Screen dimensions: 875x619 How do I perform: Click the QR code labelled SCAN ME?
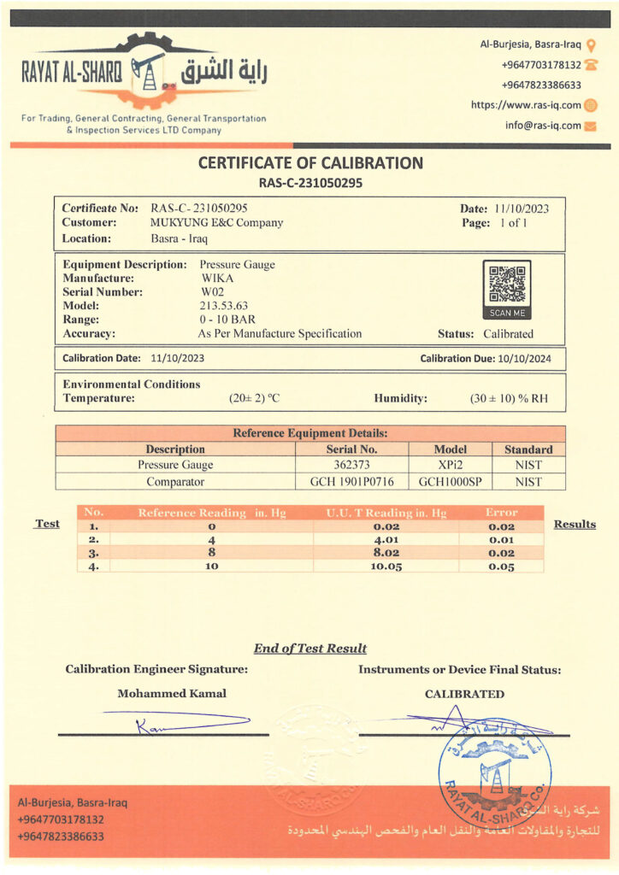point(507,285)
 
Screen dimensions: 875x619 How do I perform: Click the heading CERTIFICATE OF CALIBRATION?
point(310,163)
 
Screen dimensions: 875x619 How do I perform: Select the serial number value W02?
point(212,291)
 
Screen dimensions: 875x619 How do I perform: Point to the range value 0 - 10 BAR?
point(227,319)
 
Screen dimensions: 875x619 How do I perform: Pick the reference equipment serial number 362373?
point(351,465)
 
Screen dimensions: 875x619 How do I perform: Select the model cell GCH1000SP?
point(451,482)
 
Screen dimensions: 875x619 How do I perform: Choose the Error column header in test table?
point(501,513)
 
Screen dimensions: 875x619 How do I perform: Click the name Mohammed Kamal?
point(172,694)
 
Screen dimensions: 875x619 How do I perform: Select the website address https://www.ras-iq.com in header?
point(526,105)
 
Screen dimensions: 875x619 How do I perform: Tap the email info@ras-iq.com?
point(543,126)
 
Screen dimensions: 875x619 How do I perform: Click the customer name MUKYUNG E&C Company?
point(216,223)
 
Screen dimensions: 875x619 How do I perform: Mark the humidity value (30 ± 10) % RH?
point(510,398)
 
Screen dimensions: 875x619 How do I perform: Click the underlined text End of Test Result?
point(310,649)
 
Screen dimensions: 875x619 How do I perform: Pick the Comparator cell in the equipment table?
point(175,482)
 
